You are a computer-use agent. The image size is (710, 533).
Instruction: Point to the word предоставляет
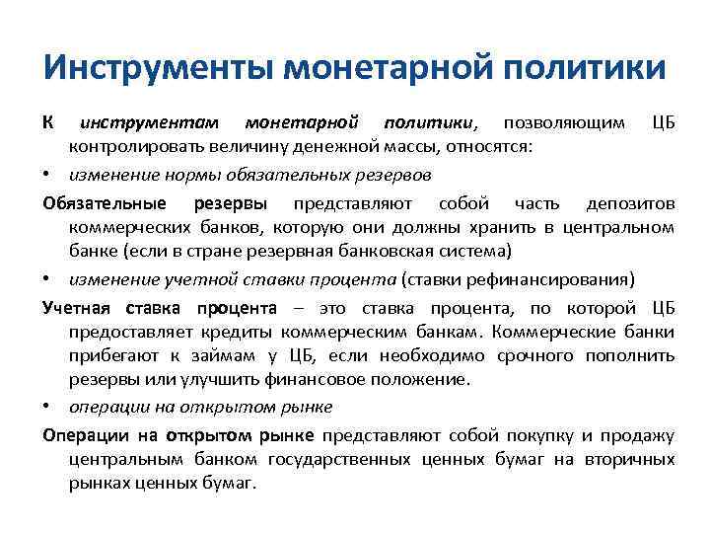[129, 330]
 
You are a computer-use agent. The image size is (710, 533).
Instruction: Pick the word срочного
[516, 353]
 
